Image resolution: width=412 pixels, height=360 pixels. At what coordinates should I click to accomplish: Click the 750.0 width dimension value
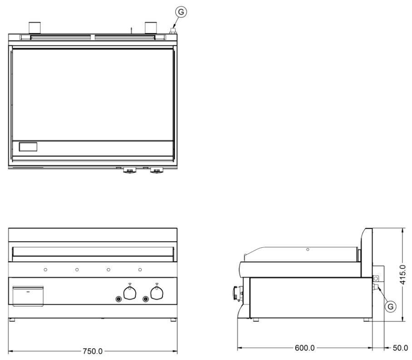(93, 351)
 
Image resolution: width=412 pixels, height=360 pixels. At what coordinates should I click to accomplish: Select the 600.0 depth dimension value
(305, 348)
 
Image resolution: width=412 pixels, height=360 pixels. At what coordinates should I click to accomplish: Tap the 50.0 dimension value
(400, 348)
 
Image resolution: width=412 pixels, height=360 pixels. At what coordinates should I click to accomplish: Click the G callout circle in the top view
(181, 12)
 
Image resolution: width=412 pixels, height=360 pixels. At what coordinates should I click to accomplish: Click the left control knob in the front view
(129, 295)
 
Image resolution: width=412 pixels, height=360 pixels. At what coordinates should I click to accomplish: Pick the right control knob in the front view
(157, 295)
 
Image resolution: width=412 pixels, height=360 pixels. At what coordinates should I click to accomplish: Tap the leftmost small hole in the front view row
(45, 270)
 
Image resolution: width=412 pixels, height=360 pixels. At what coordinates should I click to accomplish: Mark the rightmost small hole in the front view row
(140, 270)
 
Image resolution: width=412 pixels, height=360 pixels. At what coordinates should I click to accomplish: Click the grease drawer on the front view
(28, 295)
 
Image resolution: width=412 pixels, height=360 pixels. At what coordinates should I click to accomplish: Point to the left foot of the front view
(12, 320)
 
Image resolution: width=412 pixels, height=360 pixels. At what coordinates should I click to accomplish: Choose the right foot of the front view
(174, 320)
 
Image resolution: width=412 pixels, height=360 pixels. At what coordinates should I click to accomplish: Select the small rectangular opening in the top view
(28, 147)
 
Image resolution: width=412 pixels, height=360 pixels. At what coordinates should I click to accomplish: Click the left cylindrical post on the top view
(35, 27)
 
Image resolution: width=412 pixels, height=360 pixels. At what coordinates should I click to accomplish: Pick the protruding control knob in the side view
(237, 293)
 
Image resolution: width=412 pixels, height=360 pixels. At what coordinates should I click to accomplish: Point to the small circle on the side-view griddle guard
(308, 250)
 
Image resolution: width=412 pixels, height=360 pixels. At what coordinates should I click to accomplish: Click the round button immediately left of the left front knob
(119, 299)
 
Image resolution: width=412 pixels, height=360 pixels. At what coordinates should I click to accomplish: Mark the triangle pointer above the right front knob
(157, 285)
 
